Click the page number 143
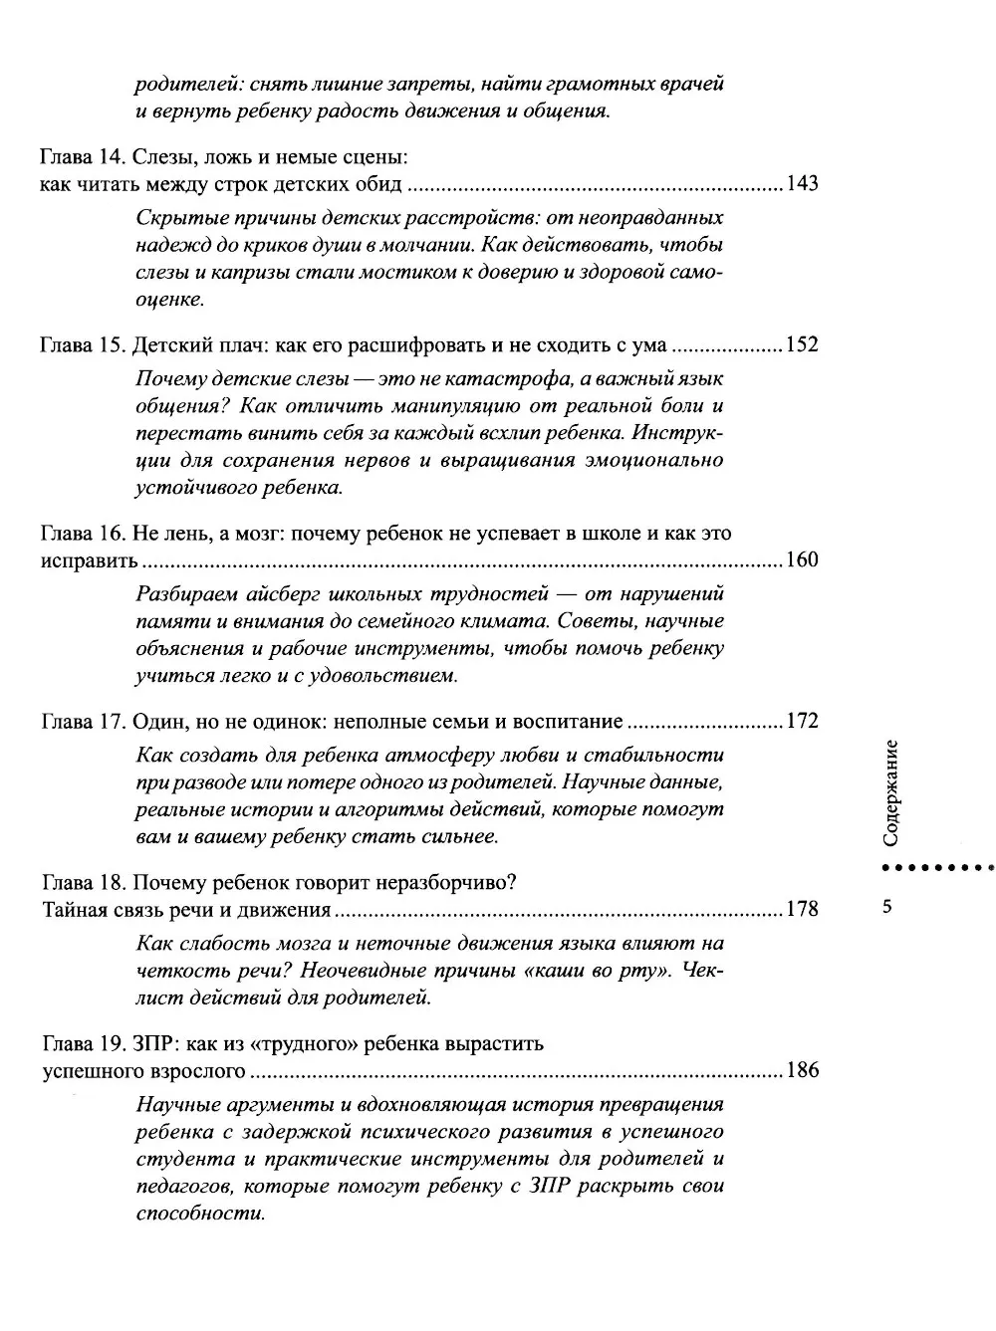pos(802,184)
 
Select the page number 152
pos(802,346)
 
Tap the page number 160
pos(802,559)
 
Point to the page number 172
pos(802,721)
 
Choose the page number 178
pos(802,909)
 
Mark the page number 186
pos(802,1071)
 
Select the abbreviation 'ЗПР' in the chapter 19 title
pos(151,1044)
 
